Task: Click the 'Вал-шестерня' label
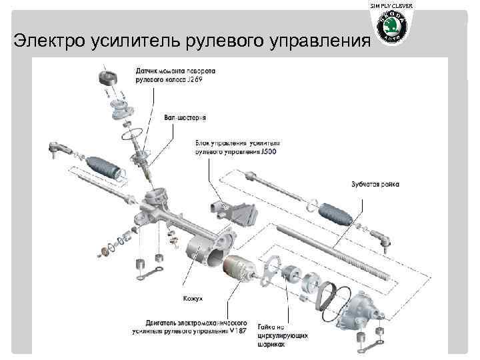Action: click(x=185, y=117)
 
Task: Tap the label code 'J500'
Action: click(x=269, y=152)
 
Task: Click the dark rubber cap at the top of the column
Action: click(x=106, y=74)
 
